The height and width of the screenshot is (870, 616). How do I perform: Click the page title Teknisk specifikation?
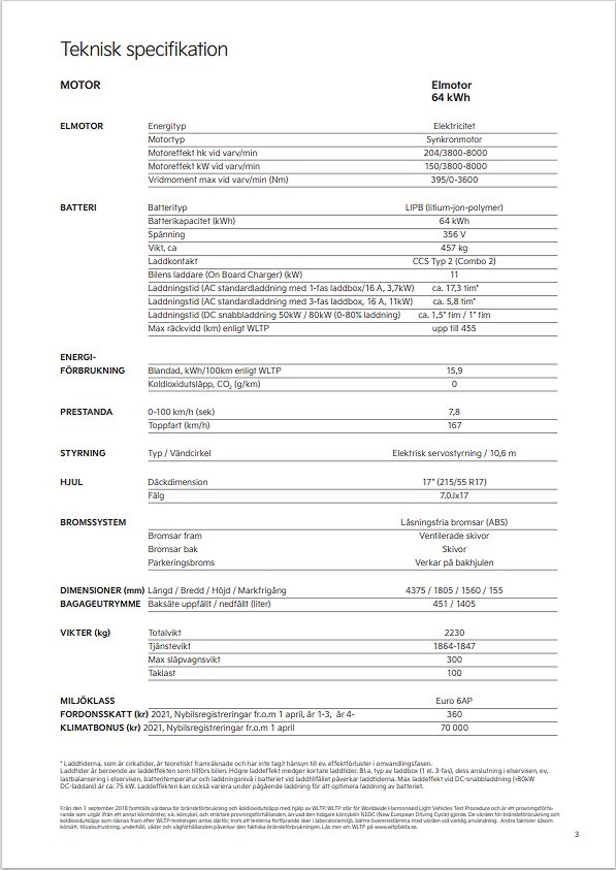144,50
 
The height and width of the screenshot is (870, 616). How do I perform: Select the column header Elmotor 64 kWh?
451,91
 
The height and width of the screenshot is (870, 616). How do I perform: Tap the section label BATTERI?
78,207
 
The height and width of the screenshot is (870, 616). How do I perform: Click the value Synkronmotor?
454,140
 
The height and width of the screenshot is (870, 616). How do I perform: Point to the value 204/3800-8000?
455,153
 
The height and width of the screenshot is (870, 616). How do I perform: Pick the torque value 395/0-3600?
454,180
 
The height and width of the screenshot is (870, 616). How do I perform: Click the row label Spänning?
166,234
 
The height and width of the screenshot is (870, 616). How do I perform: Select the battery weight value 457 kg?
454,248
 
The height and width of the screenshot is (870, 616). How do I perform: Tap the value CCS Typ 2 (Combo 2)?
454,261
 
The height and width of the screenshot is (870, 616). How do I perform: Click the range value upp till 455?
454,329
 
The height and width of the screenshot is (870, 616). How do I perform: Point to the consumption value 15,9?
454,371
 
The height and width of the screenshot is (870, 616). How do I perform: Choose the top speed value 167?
454,426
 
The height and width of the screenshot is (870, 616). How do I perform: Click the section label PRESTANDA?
86,412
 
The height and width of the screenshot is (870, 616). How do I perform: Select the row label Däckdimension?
177,482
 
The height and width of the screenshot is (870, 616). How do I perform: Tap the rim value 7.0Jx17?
454,496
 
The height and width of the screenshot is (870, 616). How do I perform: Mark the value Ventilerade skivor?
454,536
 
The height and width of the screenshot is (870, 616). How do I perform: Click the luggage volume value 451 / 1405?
454,604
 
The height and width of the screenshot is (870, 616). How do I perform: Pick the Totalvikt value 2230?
454,632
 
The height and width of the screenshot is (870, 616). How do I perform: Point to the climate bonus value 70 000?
454,728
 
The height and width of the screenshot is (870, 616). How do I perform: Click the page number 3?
577,834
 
